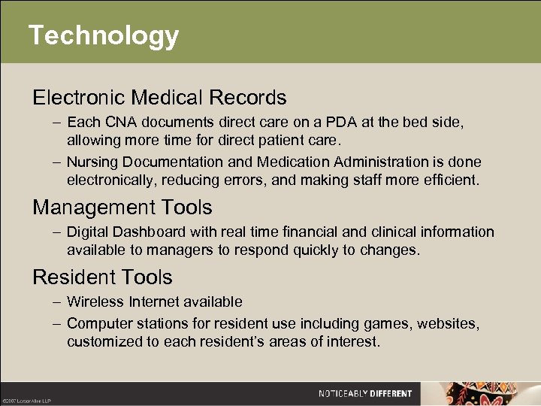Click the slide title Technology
tap(104, 35)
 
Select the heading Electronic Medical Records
tap(159, 98)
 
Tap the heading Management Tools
tap(122, 208)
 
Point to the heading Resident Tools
tap(102, 277)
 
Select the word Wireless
tap(93, 301)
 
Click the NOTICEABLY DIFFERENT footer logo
tap(365, 393)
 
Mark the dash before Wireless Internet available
tap(57, 301)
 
